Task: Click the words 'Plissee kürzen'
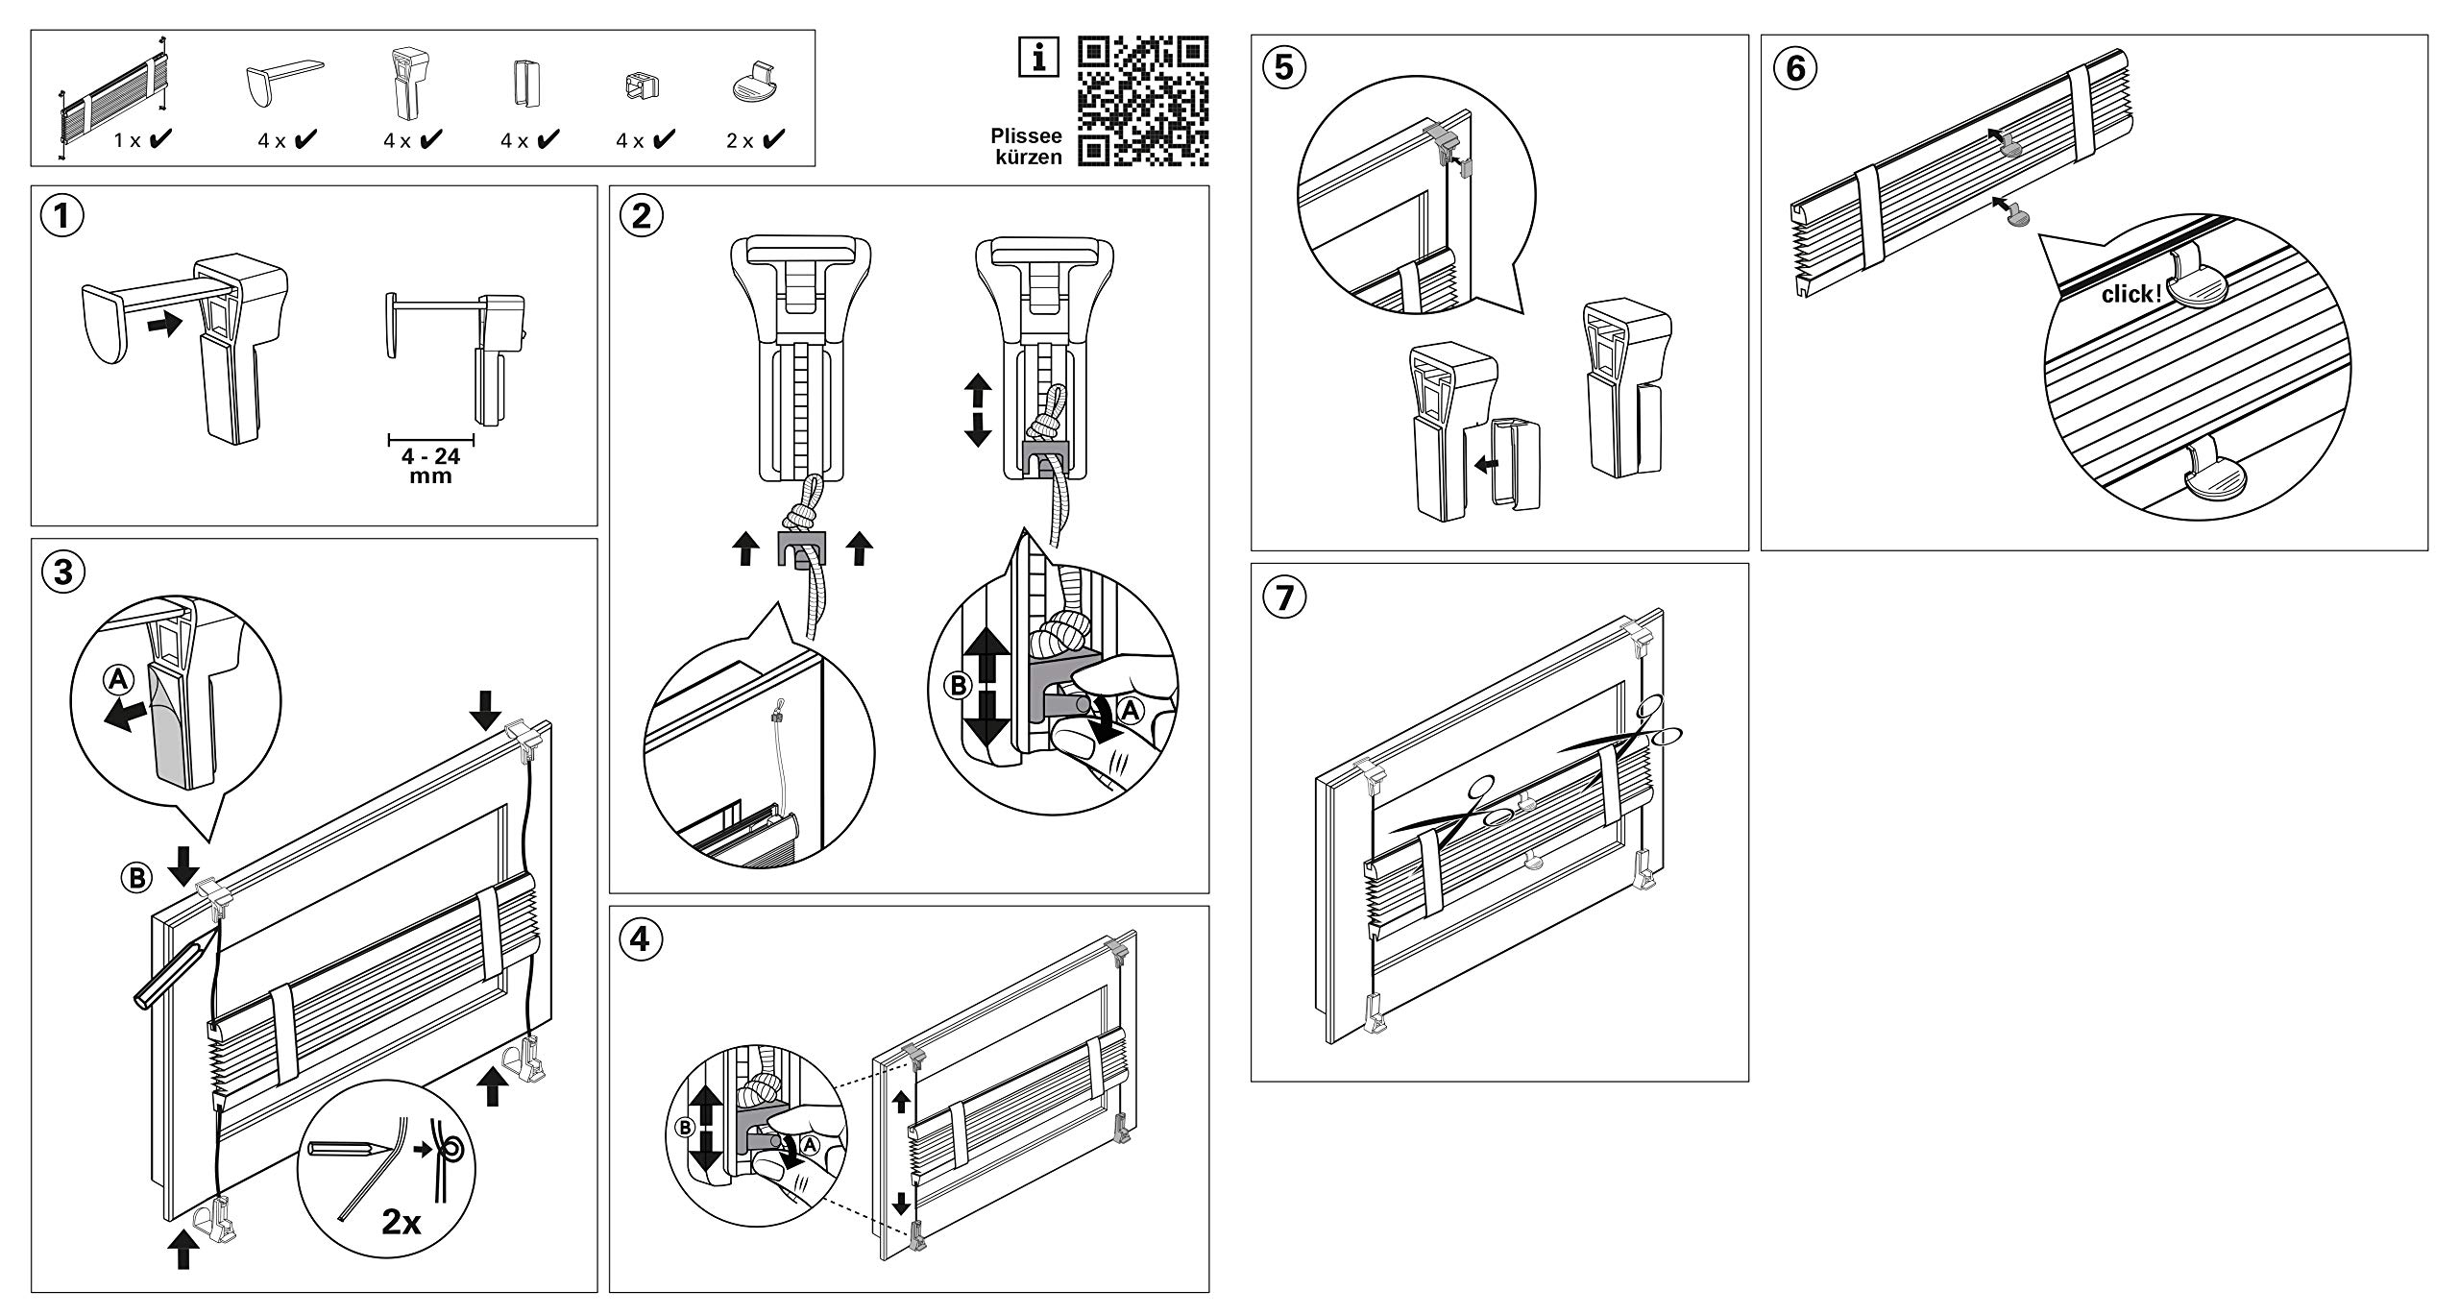(1025, 147)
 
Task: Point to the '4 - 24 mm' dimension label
(430, 466)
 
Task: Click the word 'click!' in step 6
(2130, 294)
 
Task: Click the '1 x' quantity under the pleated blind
(128, 140)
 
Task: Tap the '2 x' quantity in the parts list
(741, 140)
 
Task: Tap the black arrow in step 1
(166, 324)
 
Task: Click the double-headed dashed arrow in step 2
(977, 410)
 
